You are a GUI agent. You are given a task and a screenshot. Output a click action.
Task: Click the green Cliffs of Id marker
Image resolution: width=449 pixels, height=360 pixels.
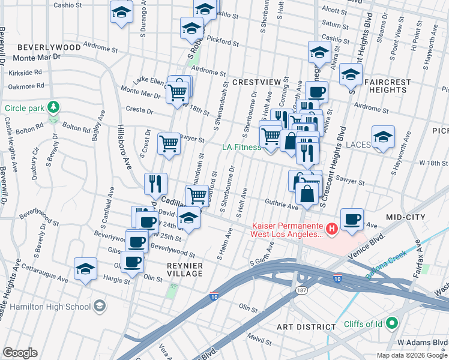pos(393,323)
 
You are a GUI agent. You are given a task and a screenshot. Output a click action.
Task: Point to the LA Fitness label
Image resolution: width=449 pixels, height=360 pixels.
pos(241,147)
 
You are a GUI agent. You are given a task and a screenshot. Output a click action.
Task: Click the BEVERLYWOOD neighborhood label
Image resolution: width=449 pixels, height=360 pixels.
pos(49,47)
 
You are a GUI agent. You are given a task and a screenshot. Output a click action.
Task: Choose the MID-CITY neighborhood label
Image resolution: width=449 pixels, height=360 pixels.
pos(406,217)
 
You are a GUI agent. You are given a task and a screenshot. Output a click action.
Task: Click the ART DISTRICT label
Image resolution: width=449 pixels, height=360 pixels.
pos(306,327)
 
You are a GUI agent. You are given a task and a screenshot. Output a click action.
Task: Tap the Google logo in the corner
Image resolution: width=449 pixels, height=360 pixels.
pos(20,353)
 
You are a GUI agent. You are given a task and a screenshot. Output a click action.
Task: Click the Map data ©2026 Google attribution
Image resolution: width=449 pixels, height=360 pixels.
pos(412,355)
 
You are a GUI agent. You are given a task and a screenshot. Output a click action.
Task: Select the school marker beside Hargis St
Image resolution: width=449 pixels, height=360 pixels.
pos(86,269)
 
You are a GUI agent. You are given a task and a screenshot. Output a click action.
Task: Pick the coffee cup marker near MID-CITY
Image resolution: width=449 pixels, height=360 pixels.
pos(352,219)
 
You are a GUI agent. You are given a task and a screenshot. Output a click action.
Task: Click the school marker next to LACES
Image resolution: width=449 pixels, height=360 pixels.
pos(382,136)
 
